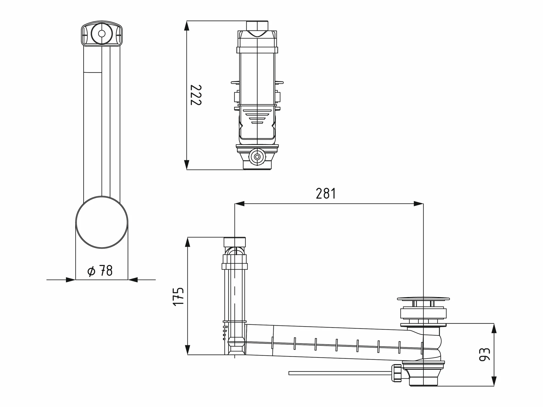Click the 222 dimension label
[x=196, y=95]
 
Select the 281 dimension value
[x=326, y=194]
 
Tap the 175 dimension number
[x=178, y=297]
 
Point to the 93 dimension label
[x=484, y=355]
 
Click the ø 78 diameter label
[x=100, y=271]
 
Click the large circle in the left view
[x=102, y=222]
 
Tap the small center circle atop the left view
[x=102, y=34]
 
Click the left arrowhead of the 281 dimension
[x=240, y=204]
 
